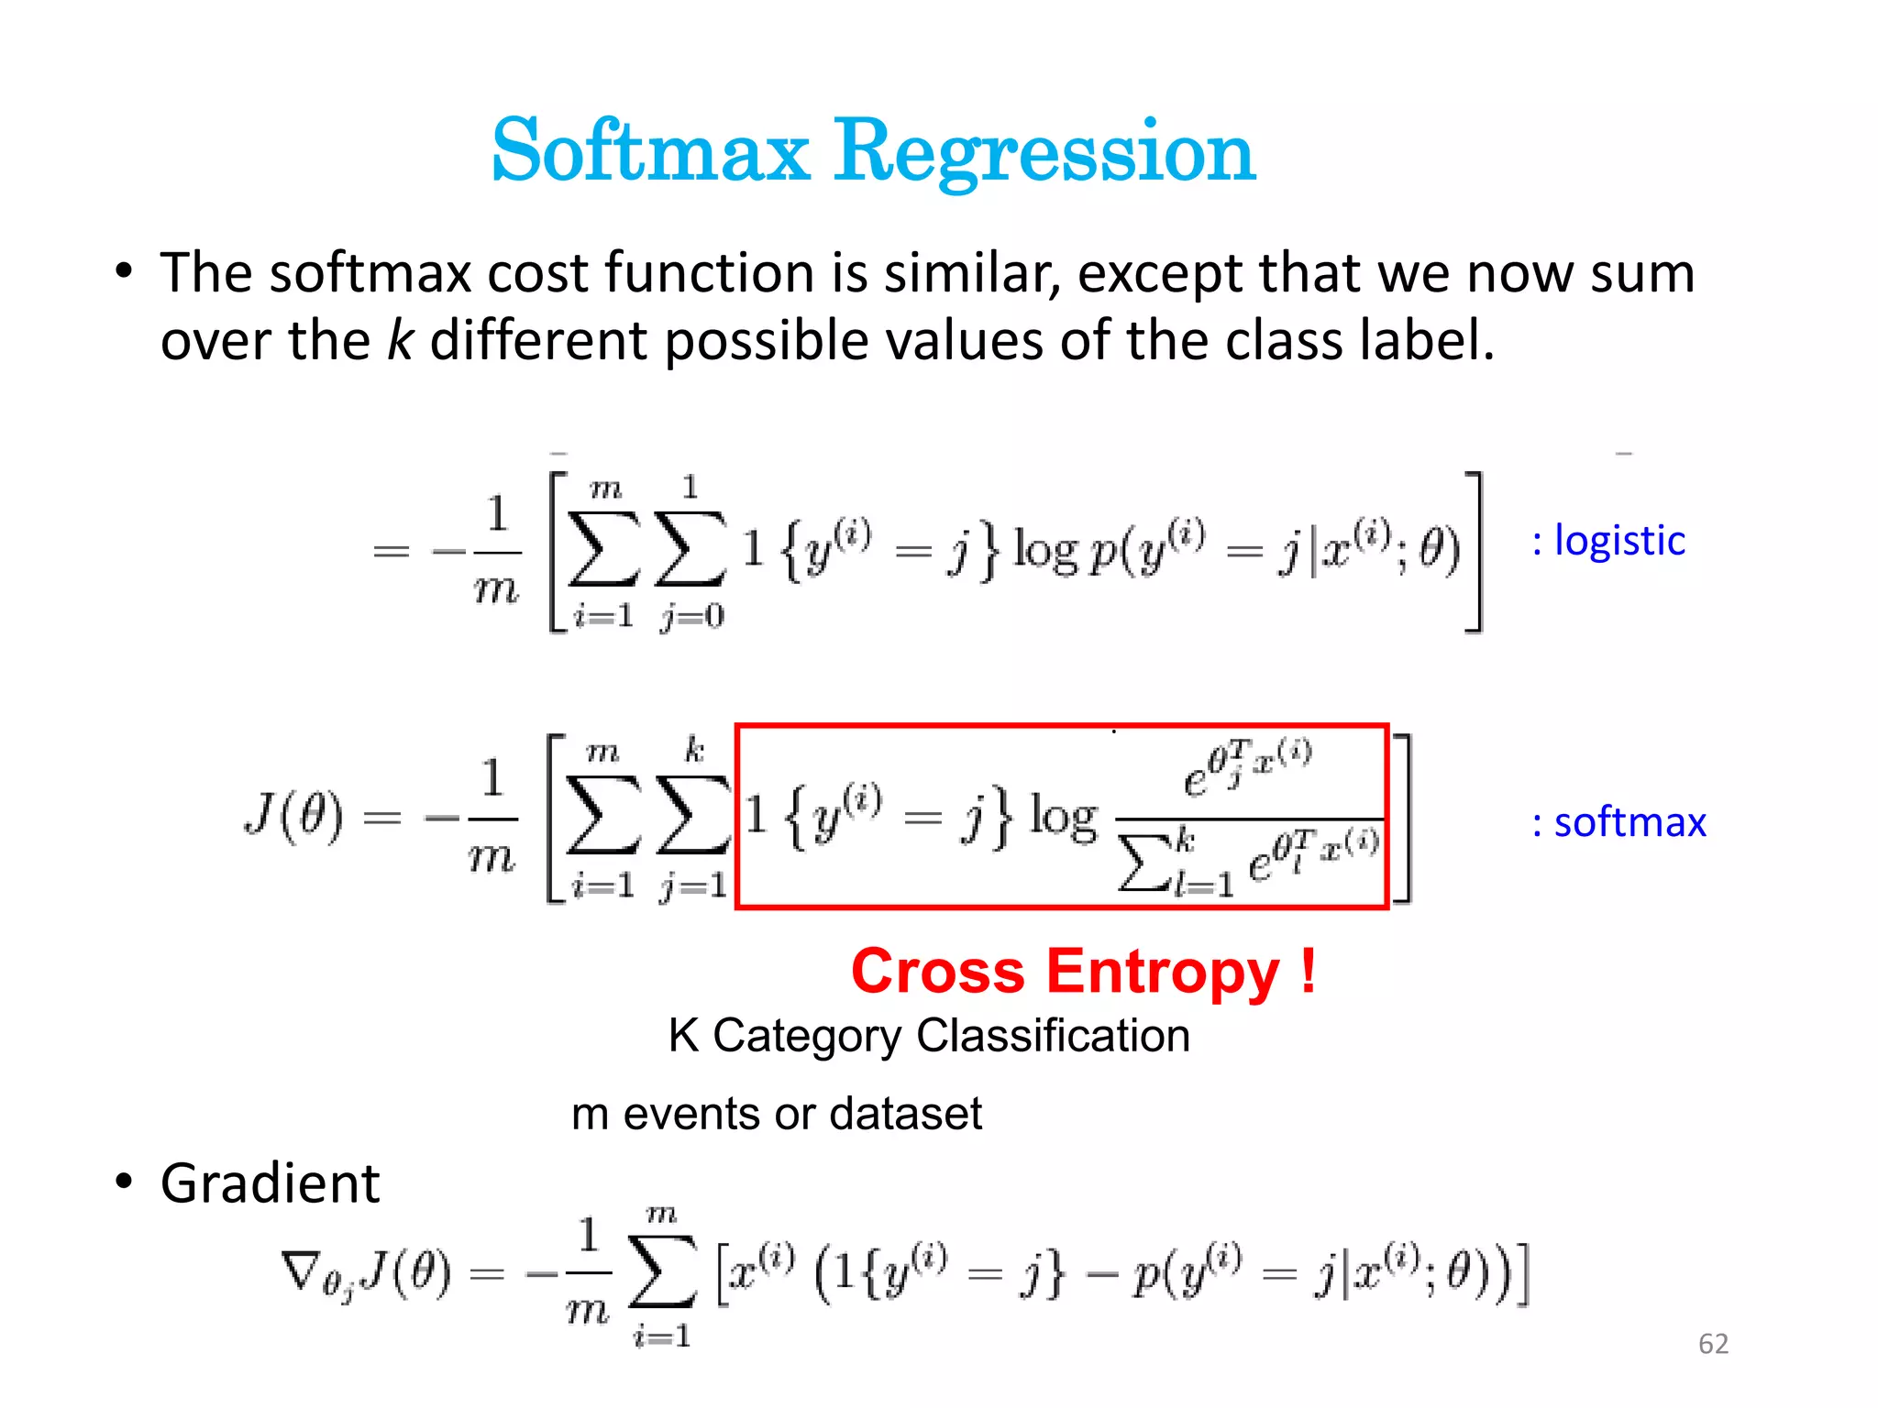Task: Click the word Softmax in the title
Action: click(651, 151)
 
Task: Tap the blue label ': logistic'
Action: click(1608, 541)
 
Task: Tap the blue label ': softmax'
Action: click(1619, 822)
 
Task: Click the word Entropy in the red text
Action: click(1163, 972)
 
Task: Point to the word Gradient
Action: click(270, 1183)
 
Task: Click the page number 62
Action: click(1713, 1344)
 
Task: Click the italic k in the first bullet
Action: click(400, 340)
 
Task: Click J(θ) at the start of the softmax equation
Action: click(294, 815)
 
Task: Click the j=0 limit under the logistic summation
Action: click(691, 617)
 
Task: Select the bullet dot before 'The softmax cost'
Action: click(124, 272)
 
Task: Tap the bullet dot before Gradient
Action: click(124, 1182)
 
